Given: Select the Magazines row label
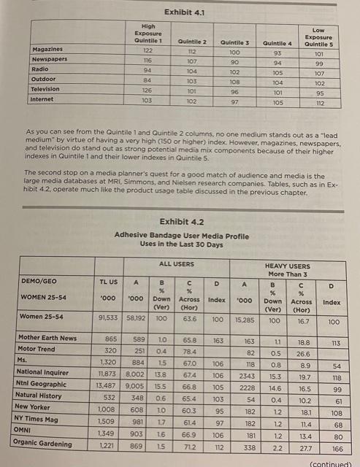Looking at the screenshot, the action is tap(48, 49).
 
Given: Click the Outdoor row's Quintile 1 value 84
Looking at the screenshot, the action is tap(147, 80).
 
